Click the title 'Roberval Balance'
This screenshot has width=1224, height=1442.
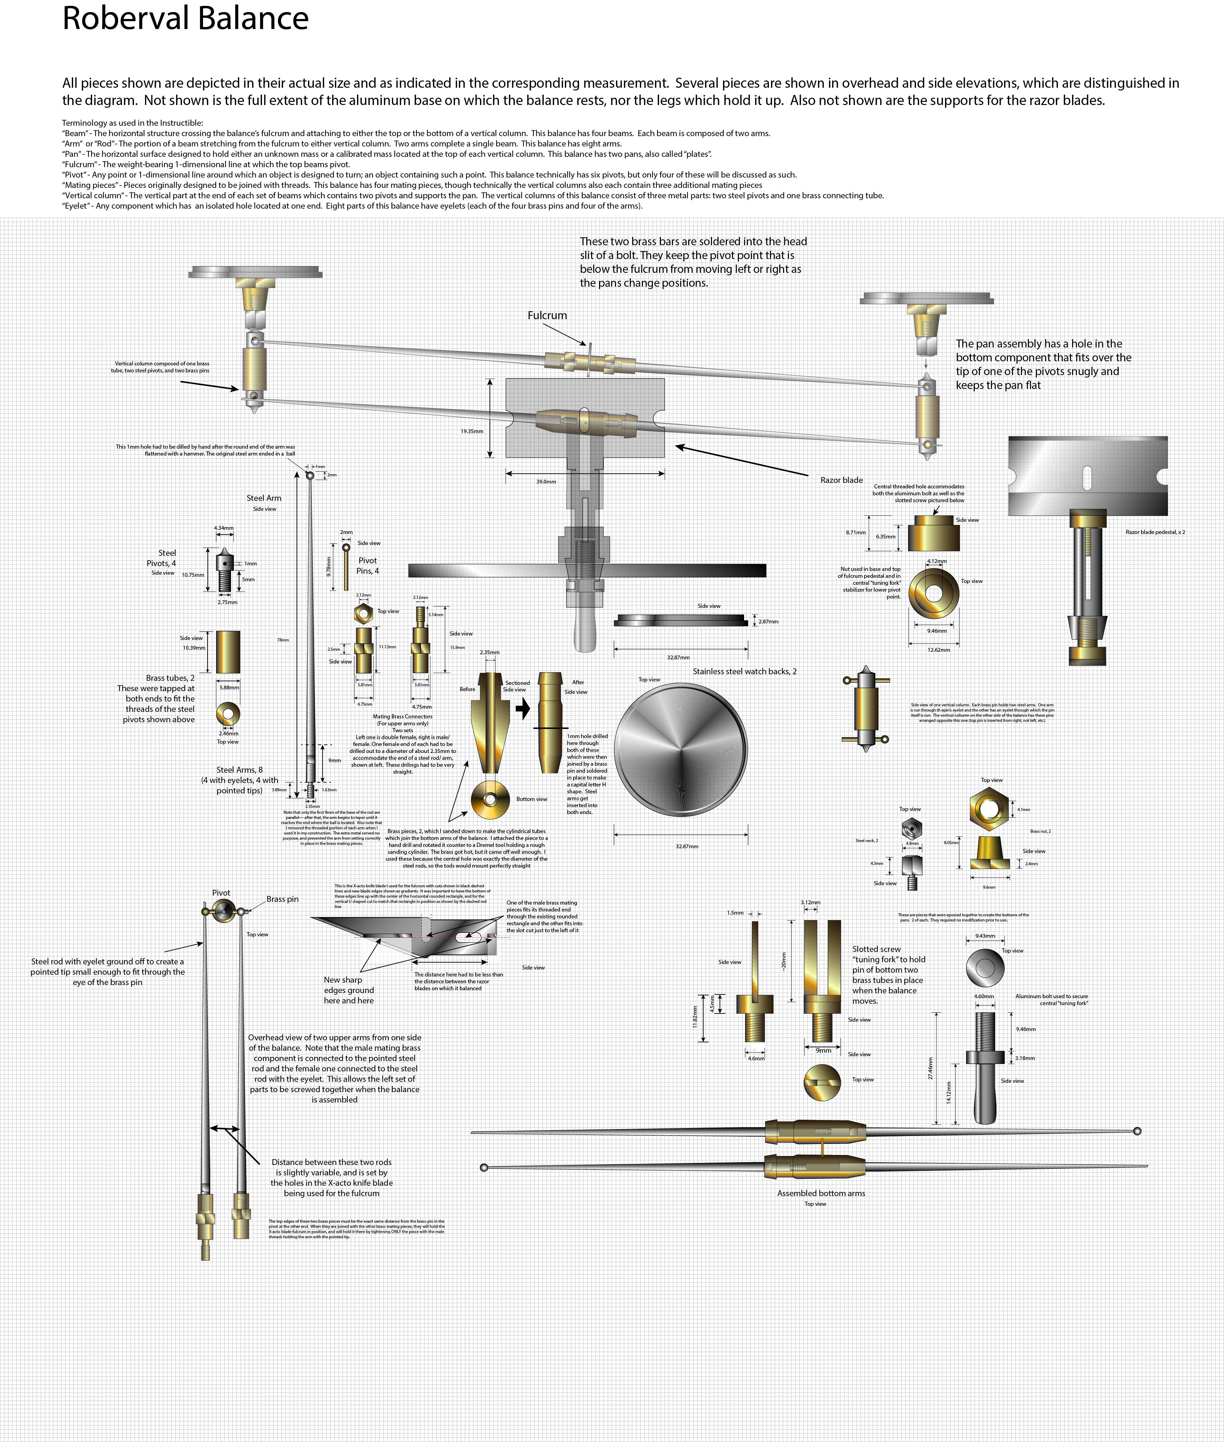click(185, 19)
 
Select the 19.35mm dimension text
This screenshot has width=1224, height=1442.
click(472, 431)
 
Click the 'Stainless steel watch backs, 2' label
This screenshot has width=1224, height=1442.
click(744, 671)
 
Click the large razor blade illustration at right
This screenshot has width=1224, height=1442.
click(1087, 475)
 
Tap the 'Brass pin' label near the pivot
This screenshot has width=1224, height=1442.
click(282, 899)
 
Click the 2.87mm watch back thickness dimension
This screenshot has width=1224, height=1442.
click(768, 622)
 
